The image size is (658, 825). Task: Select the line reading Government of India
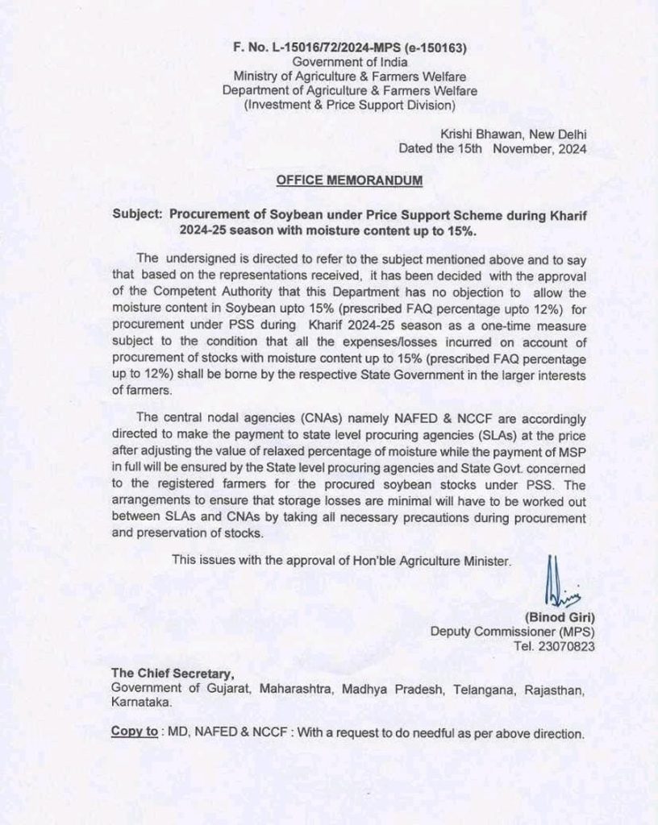pos(350,62)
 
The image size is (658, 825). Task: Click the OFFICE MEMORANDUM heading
pos(349,183)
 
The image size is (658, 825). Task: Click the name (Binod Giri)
pos(548,617)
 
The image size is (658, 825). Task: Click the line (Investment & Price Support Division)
pos(350,106)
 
